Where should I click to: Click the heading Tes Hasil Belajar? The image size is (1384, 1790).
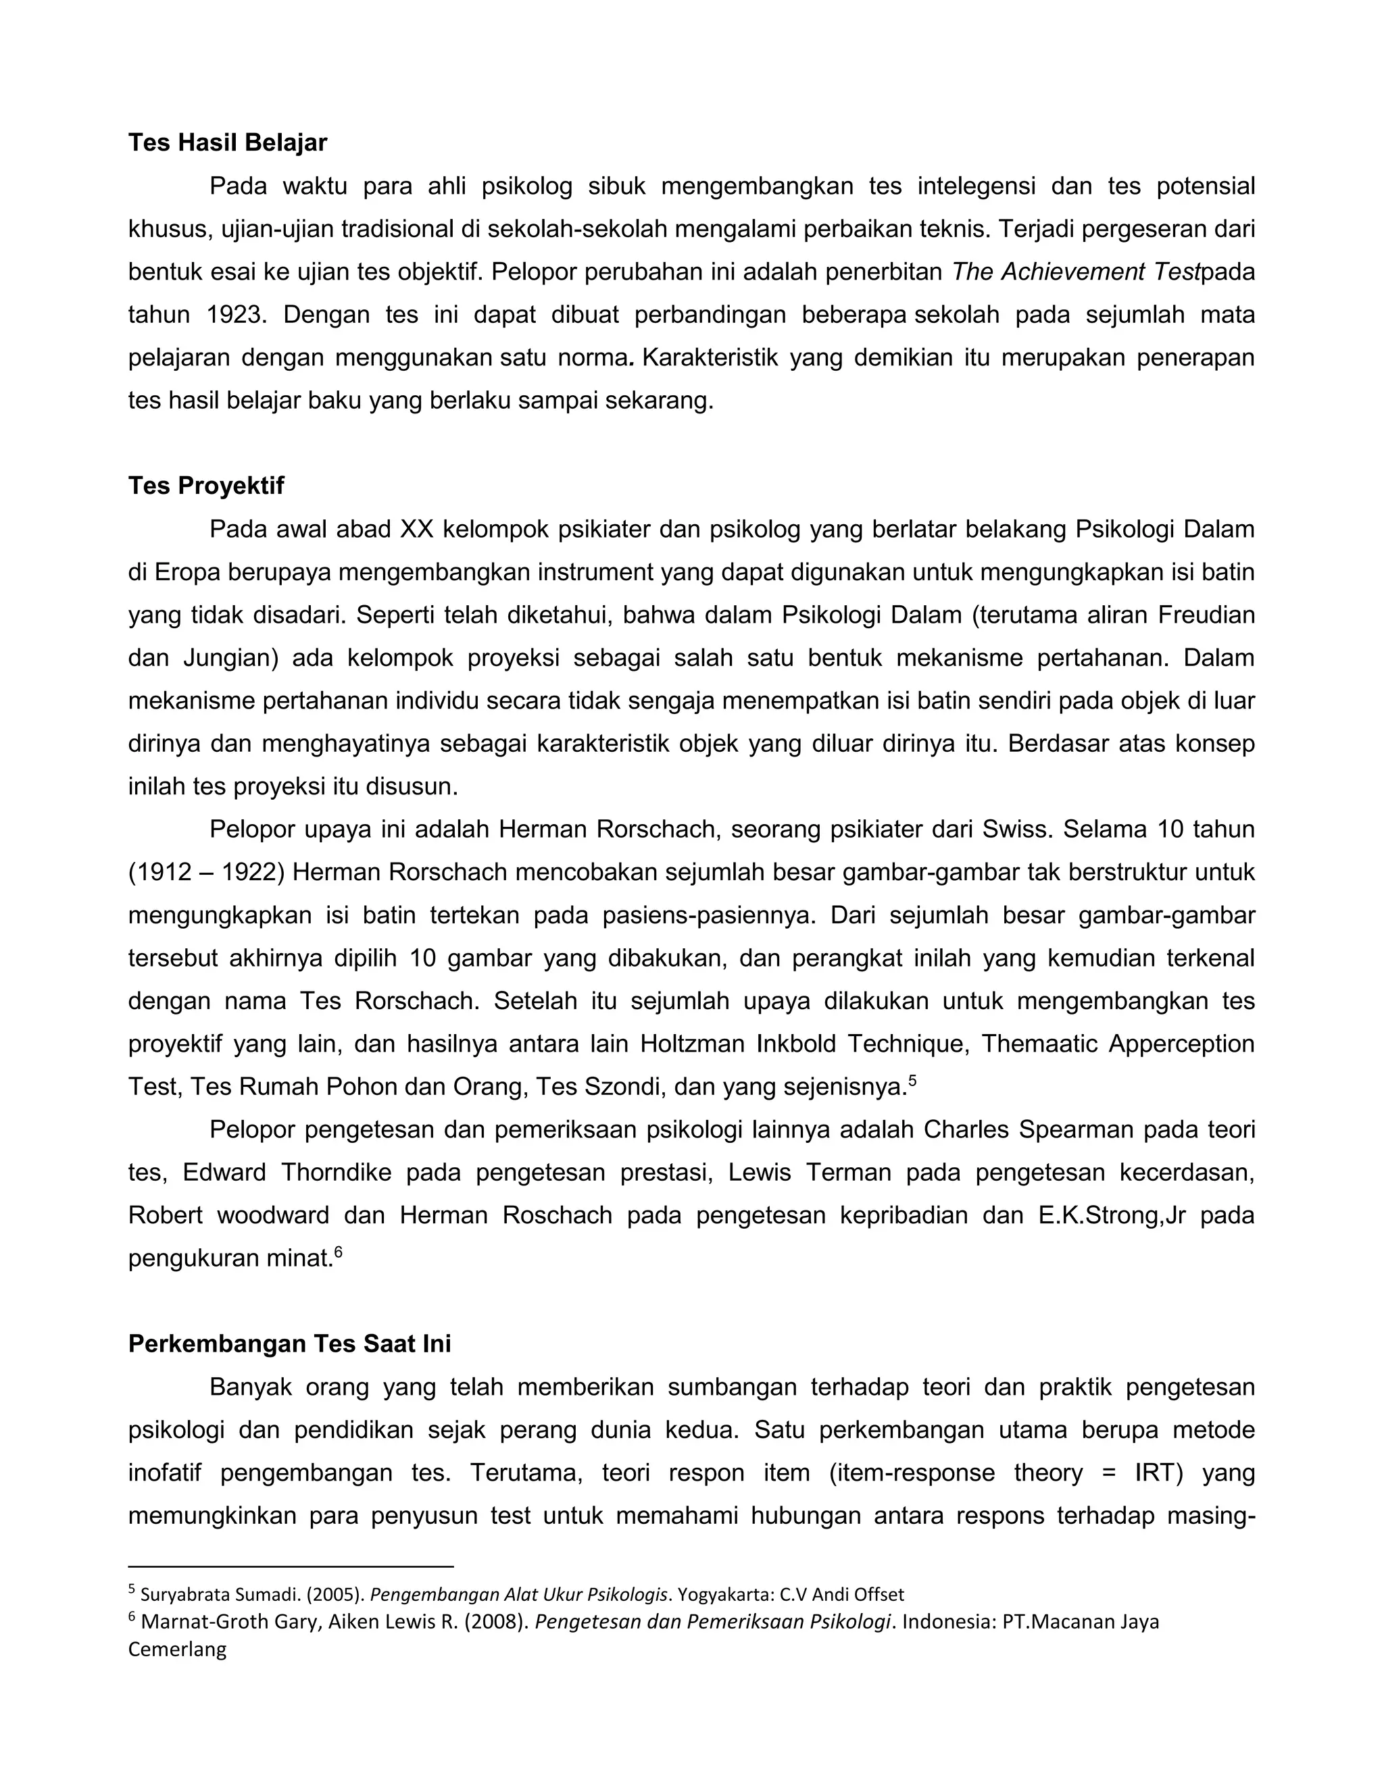(x=227, y=143)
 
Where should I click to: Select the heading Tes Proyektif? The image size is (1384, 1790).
(x=206, y=486)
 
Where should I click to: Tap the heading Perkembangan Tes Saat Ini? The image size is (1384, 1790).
(x=289, y=1344)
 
